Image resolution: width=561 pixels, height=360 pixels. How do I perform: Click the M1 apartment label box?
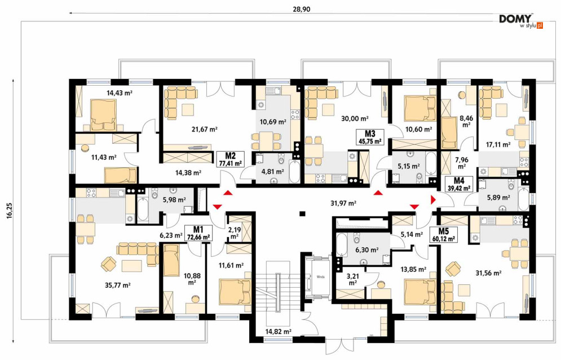(x=198, y=233)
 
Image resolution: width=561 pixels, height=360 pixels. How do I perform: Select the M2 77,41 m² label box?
(x=231, y=159)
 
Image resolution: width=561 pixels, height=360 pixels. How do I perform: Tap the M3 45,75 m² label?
(x=370, y=137)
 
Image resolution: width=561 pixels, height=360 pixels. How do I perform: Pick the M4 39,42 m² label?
(x=459, y=184)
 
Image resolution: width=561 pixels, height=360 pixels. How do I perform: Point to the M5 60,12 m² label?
(x=443, y=235)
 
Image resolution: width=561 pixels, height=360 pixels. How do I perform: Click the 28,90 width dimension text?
(x=302, y=10)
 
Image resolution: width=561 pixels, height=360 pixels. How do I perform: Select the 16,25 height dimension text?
(x=9, y=210)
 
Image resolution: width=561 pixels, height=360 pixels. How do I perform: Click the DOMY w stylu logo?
(x=521, y=21)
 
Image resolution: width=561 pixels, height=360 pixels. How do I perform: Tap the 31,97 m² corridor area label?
(x=343, y=204)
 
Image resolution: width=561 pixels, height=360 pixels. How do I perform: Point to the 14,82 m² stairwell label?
(x=279, y=332)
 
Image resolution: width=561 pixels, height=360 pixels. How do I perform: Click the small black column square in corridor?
(x=302, y=214)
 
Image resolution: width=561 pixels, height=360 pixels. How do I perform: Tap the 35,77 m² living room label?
(x=118, y=286)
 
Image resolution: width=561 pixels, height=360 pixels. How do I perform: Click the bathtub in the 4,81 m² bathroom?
(x=294, y=172)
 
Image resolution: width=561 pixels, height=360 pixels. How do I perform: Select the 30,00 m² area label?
(x=355, y=118)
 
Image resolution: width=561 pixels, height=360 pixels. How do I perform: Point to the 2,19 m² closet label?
(x=234, y=233)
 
